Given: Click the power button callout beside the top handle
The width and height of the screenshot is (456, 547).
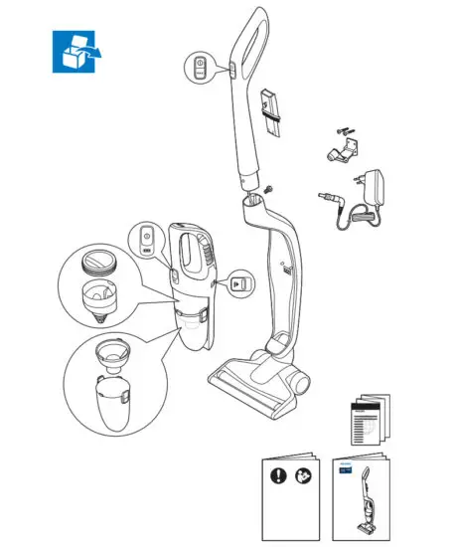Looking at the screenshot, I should tap(199, 68).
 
